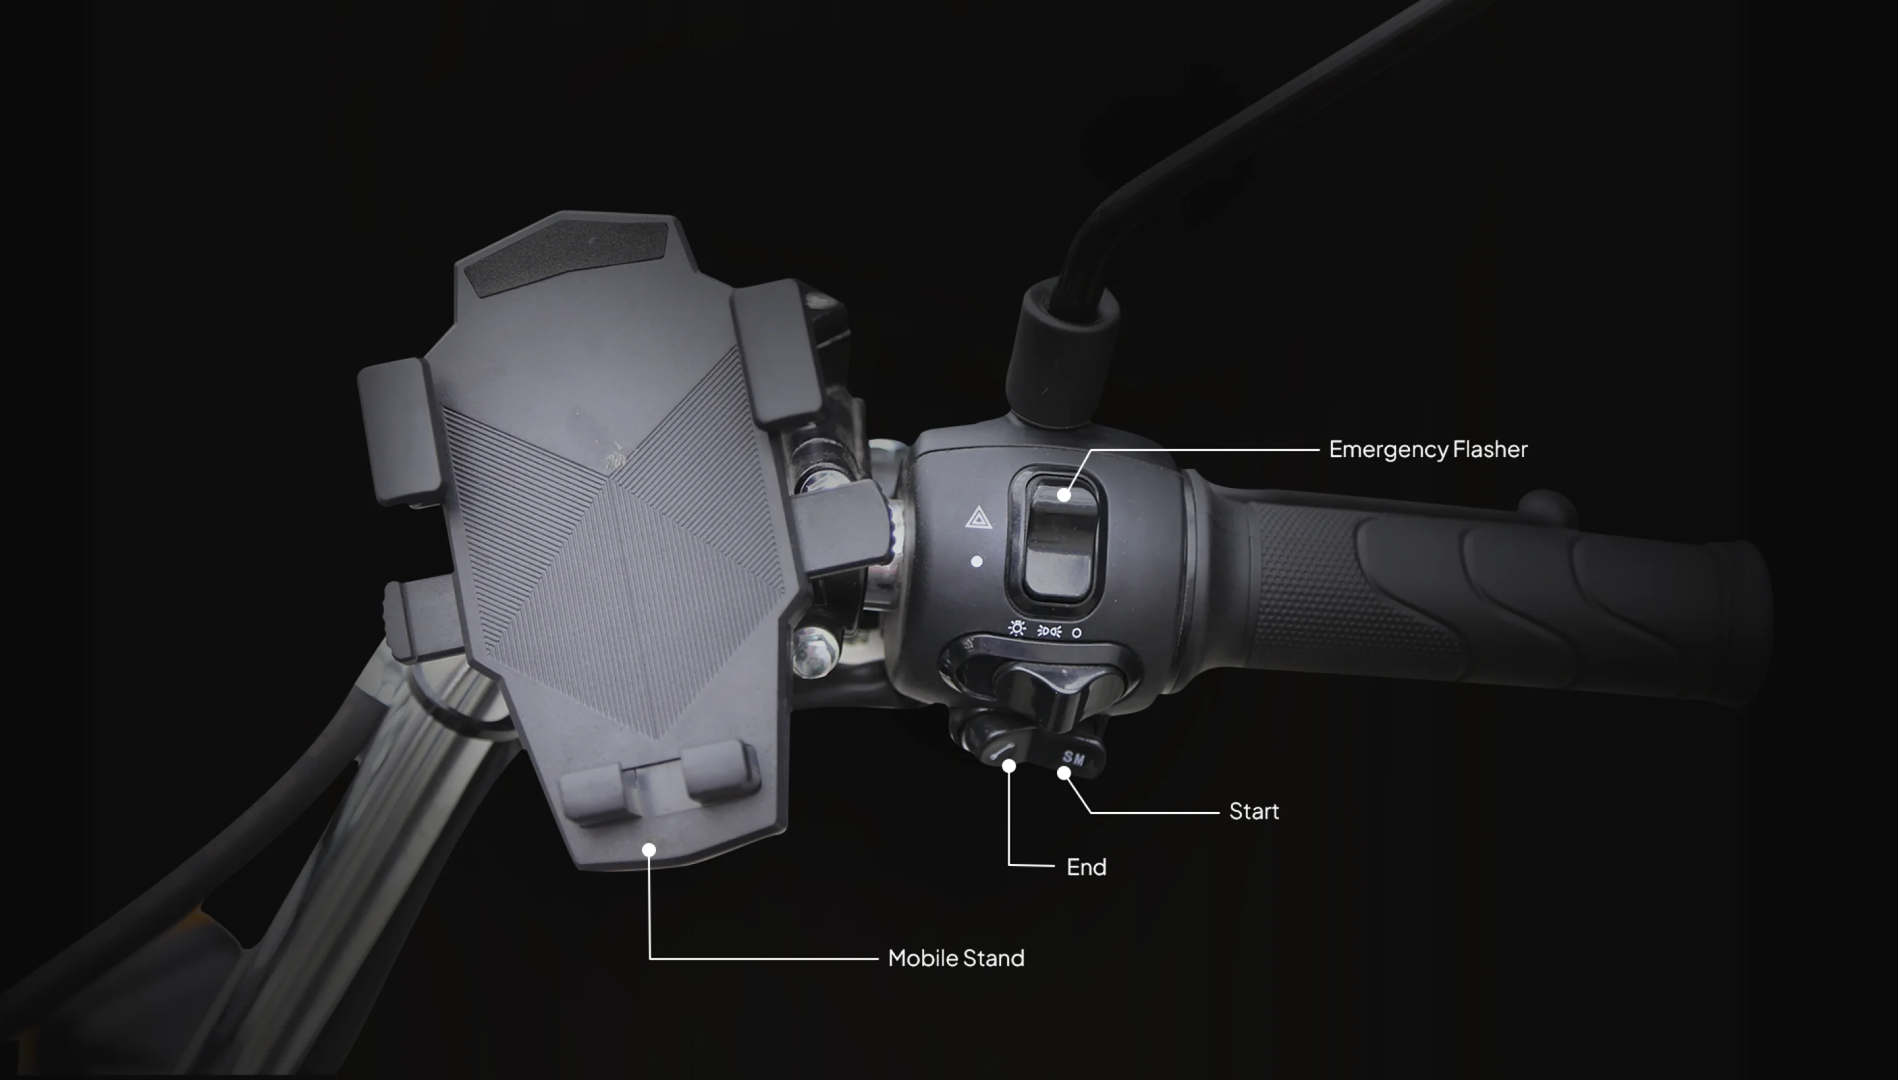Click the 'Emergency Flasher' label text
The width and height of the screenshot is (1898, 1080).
click(1428, 450)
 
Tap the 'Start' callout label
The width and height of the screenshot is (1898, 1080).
click(1253, 811)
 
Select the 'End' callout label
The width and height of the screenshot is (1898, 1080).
click(1087, 867)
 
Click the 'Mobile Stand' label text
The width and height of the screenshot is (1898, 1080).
click(956, 958)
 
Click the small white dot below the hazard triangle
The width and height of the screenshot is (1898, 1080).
click(977, 562)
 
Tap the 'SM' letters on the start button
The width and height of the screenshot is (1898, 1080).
click(1073, 758)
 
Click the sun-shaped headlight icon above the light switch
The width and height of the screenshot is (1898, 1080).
click(1017, 629)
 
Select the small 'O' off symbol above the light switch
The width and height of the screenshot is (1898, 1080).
click(1076, 633)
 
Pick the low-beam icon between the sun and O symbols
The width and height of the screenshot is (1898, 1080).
click(1048, 632)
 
